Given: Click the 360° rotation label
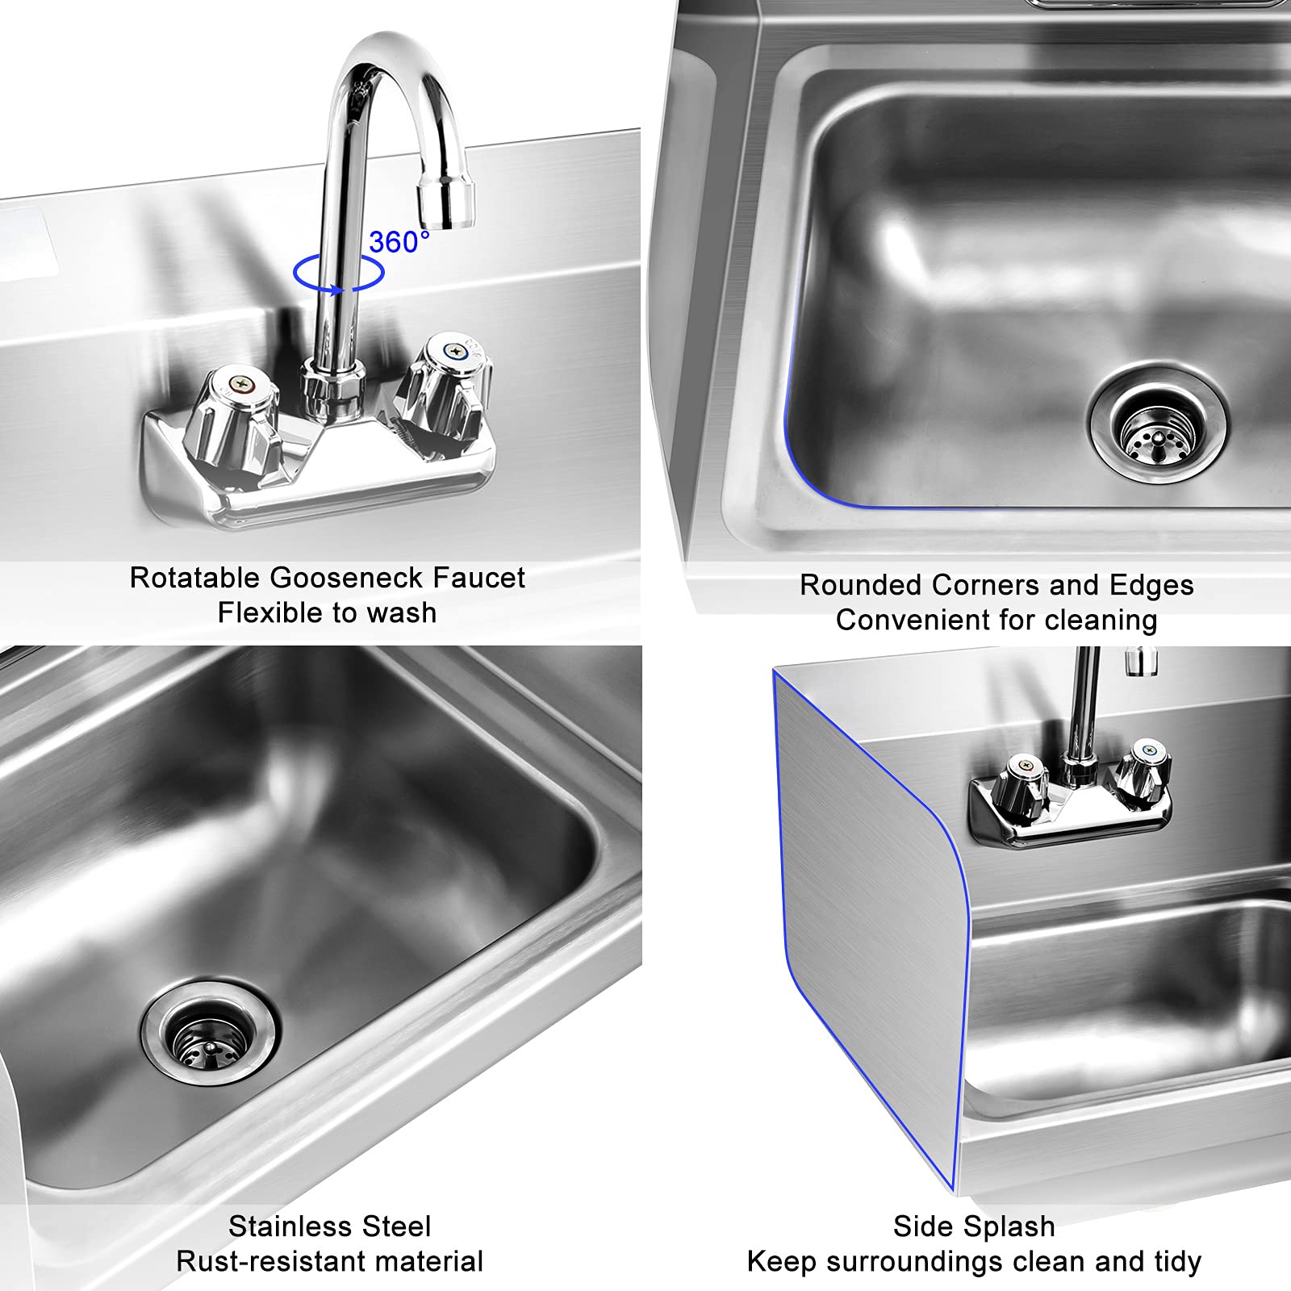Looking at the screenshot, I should pyautogui.click(x=399, y=241).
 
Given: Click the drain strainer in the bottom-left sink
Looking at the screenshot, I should pyautogui.click(x=209, y=1034).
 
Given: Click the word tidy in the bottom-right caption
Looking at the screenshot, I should pyautogui.click(x=1177, y=1261).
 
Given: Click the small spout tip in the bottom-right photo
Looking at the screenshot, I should pyautogui.click(x=1142, y=662).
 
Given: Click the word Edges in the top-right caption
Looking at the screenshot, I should pyautogui.click(x=1151, y=585).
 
